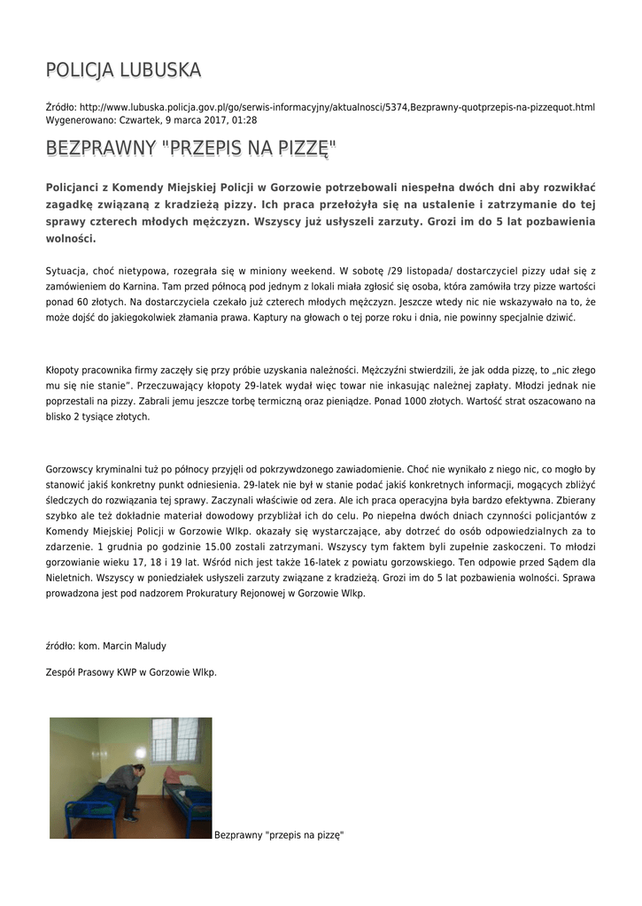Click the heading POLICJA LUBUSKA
[123, 70]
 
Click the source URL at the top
[336, 107]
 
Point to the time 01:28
[245, 119]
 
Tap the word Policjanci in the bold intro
[77, 188]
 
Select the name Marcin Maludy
[134, 646]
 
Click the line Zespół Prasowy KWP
[131, 672]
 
